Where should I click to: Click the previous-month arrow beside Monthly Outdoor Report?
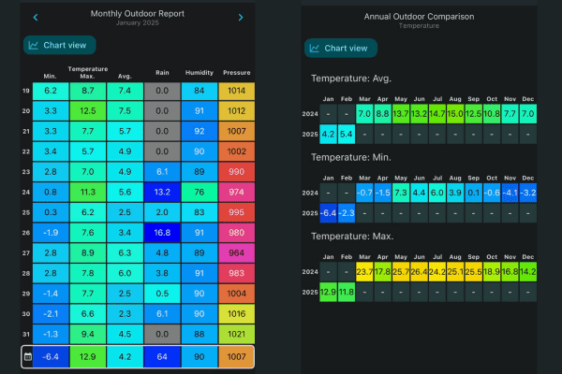pyautogui.click(x=36, y=17)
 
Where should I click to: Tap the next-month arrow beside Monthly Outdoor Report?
pyautogui.click(x=240, y=17)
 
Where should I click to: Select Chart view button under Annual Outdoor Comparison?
pyautogui.click(x=342, y=48)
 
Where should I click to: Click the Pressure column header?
pyautogui.click(x=236, y=73)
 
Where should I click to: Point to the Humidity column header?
pyautogui.click(x=199, y=73)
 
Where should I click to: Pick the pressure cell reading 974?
pyautogui.click(x=236, y=193)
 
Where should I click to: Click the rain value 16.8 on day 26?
pyautogui.click(x=162, y=233)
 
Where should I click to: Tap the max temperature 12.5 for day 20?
pyautogui.click(x=88, y=111)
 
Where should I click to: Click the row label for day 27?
pyautogui.click(x=26, y=253)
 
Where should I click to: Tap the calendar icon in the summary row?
pyautogui.click(x=27, y=357)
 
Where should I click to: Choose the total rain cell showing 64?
pyautogui.click(x=162, y=357)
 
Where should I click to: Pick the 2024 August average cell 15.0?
pyautogui.click(x=455, y=113)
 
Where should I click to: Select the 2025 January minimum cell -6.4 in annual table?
pyautogui.click(x=328, y=212)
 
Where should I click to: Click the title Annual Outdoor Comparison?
pyautogui.click(x=419, y=17)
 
